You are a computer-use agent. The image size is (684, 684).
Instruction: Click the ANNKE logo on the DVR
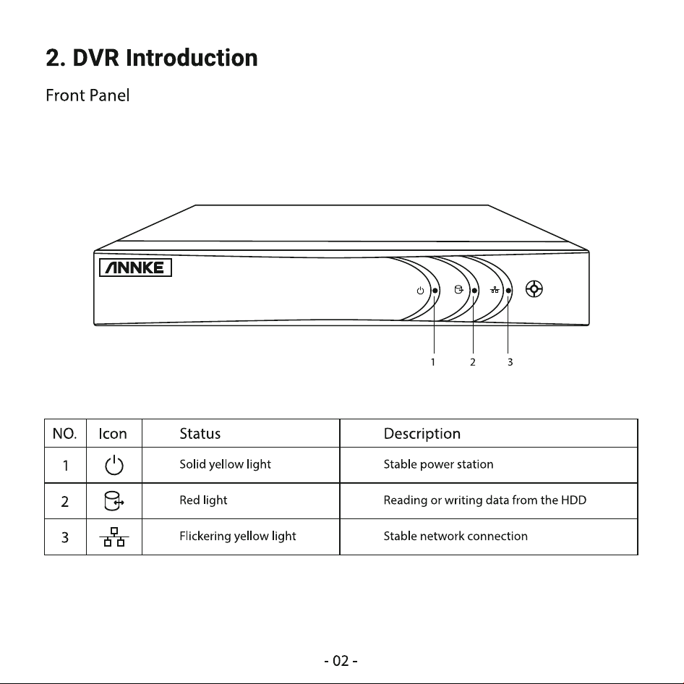(135, 268)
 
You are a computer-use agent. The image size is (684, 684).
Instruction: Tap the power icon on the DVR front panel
(420, 291)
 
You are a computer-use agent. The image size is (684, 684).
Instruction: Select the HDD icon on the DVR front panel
(458, 290)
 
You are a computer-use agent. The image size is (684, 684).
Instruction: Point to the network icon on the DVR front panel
(495, 290)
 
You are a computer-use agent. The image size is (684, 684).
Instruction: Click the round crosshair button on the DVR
(534, 289)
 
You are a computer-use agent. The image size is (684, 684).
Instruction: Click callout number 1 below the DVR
(432, 362)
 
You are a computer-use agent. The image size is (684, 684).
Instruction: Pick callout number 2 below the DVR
(472, 362)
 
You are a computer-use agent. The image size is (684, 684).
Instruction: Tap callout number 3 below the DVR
(510, 362)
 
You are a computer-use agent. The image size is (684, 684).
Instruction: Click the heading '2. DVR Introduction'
(152, 58)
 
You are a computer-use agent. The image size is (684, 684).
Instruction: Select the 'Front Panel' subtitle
(87, 95)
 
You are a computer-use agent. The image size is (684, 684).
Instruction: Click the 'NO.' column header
(64, 434)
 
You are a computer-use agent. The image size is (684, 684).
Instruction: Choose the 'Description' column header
(422, 434)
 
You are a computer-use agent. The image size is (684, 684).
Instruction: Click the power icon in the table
(114, 466)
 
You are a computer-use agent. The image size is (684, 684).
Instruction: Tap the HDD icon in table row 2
(114, 501)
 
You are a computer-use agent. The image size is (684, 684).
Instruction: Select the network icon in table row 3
(114, 536)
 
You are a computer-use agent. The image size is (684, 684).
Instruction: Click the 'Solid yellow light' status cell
(225, 465)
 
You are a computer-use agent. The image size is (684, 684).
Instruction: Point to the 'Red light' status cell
(203, 500)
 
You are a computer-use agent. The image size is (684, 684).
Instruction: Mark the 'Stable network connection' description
(456, 536)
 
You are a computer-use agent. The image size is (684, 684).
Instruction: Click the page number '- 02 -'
(341, 661)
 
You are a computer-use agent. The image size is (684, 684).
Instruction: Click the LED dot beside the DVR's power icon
(435, 291)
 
